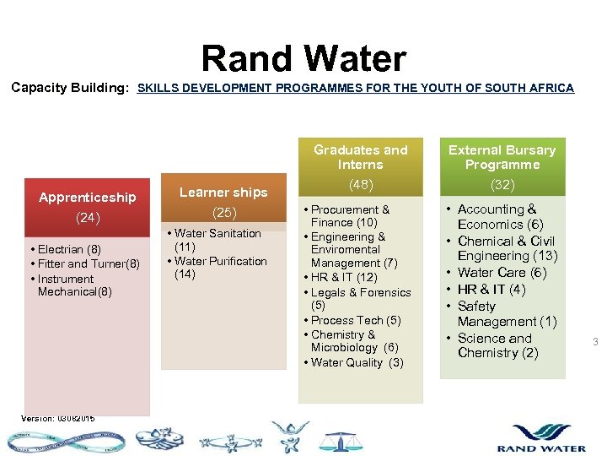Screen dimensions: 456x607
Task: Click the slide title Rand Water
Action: point(303,59)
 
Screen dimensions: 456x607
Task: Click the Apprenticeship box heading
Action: point(87,197)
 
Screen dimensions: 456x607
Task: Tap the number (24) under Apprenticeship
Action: point(88,218)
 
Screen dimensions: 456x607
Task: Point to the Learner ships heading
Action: point(223,192)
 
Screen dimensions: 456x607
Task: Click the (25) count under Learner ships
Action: point(223,212)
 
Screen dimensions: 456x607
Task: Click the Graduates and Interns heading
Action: point(360,157)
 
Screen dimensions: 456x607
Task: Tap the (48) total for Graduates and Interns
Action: point(360,185)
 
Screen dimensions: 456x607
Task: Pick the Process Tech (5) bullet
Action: point(356,320)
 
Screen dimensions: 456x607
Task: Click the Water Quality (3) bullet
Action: point(357,362)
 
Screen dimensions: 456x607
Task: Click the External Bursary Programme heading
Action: point(502,157)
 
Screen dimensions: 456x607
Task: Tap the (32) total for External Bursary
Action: point(502,185)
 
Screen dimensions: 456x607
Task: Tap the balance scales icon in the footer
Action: point(340,440)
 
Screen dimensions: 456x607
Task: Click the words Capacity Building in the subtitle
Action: point(69,88)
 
